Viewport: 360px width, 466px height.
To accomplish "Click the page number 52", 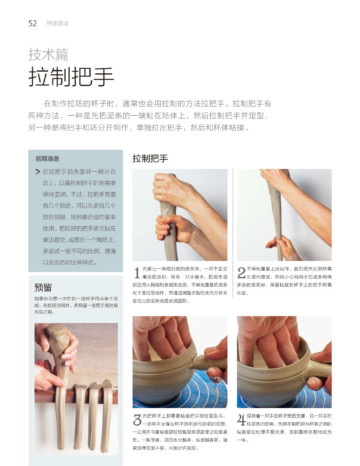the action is pos(33,23).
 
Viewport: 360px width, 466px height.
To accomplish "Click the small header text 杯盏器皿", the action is pos(58,23).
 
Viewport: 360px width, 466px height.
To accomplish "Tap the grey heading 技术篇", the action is pos(48,54).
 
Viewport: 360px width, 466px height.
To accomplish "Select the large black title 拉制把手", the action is pos(71,77).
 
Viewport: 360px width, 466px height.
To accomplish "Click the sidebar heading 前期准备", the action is pos(47,159).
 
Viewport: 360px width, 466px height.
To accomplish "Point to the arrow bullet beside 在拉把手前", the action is pos(38,172).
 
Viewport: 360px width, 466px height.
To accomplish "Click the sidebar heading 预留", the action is pos(43,287).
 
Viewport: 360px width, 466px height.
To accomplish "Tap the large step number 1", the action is pos(137,273).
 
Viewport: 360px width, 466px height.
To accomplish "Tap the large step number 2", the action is pos(242,273).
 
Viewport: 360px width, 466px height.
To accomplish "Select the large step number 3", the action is pos(137,420).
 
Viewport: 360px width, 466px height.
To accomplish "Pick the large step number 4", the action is pos(241,420).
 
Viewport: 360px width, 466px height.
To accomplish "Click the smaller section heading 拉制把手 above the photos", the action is pos(150,158).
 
